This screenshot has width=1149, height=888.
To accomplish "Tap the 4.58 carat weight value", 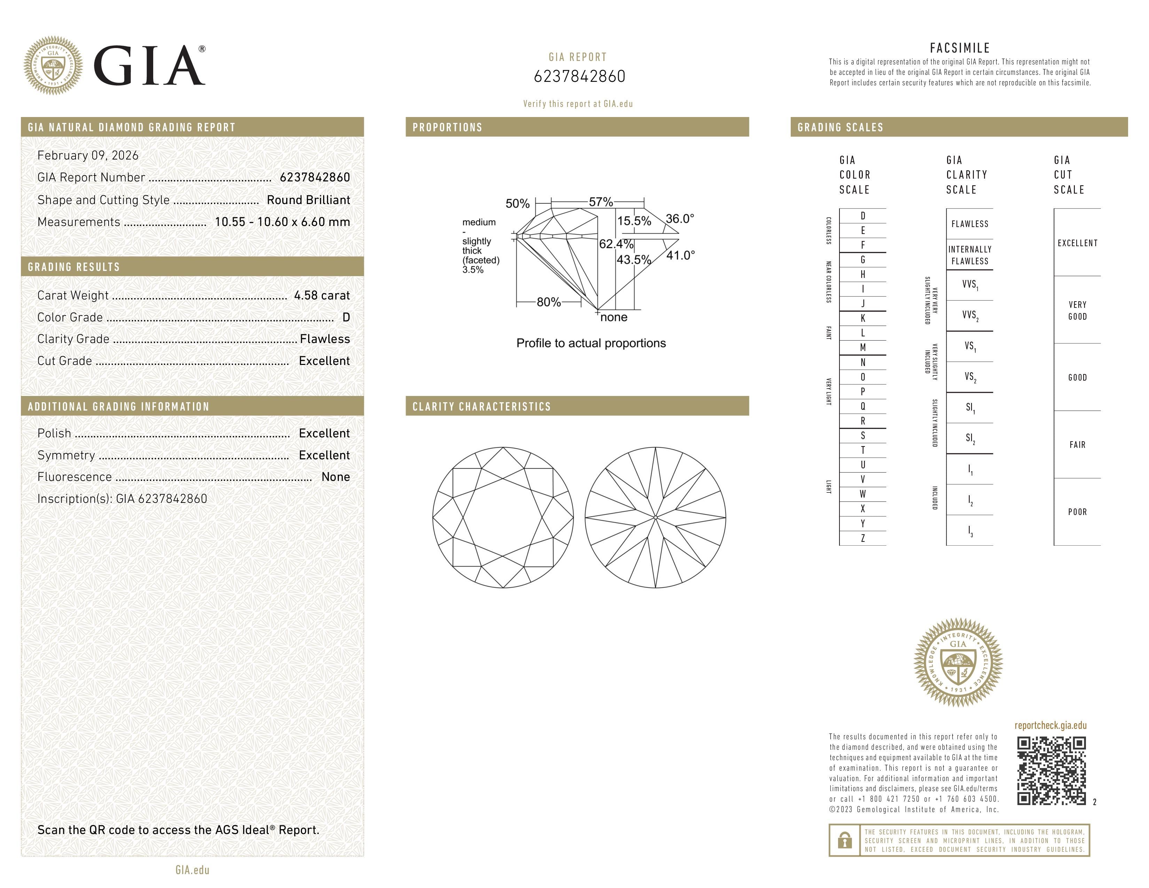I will (321, 296).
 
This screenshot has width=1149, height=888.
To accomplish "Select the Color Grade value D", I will (346, 317).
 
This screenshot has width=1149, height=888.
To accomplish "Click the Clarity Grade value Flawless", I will (325, 339).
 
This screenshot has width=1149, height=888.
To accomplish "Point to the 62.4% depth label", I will (616, 244).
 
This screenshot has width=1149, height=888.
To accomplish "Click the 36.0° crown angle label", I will (680, 219).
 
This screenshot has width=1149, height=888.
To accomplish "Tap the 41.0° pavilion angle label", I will (680, 256).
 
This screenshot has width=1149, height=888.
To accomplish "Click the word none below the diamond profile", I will (613, 317).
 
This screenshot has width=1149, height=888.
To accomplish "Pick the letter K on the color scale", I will (863, 318).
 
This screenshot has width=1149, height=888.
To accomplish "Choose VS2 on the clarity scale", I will (970, 377).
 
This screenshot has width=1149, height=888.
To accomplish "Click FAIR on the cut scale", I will (1077, 445).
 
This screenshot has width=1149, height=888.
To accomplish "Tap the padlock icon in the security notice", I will (844, 840).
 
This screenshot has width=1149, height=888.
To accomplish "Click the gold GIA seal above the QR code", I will (958, 662).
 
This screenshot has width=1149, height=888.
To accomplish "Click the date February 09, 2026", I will (88, 156).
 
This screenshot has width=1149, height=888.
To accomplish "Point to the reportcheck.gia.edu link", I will (1050, 725).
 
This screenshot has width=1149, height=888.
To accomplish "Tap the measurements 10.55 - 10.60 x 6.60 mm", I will (282, 222).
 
